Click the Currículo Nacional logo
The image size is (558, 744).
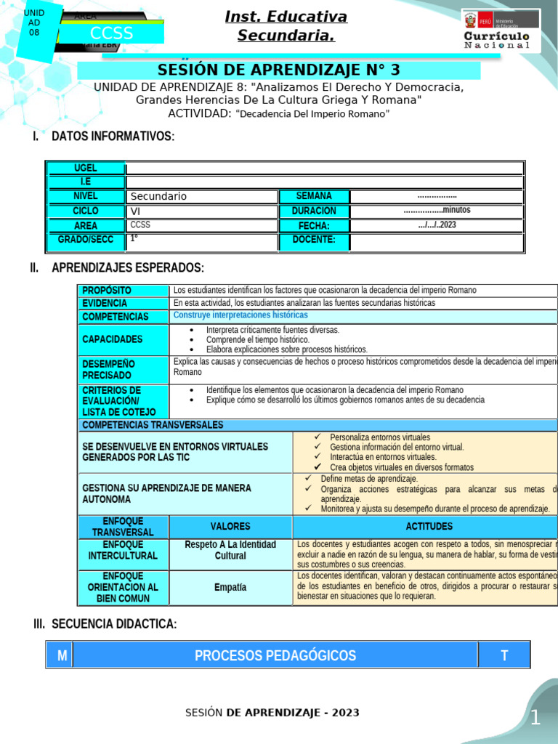tap(501, 31)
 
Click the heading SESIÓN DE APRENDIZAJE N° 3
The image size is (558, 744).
tap(278, 70)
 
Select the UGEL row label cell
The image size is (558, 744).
tap(86, 168)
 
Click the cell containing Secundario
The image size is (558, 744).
tap(202, 196)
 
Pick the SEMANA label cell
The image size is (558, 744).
tap(314, 196)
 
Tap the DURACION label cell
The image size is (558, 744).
tap(314, 211)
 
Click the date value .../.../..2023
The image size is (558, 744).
tap(437, 225)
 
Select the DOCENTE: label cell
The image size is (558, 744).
tap(314, 240)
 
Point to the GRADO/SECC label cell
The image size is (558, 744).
tap(86, 240)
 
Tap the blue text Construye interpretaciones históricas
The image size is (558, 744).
tap(240, 315)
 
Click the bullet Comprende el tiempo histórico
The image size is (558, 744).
tap(257, 339)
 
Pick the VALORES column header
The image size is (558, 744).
tap(230, 527)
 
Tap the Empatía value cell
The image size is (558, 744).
tap(230, 587)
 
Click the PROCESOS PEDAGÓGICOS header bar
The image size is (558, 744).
tap(275, 655)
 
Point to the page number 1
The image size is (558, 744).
tap(535, 719)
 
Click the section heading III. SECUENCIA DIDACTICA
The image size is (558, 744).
tap(105, 624)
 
